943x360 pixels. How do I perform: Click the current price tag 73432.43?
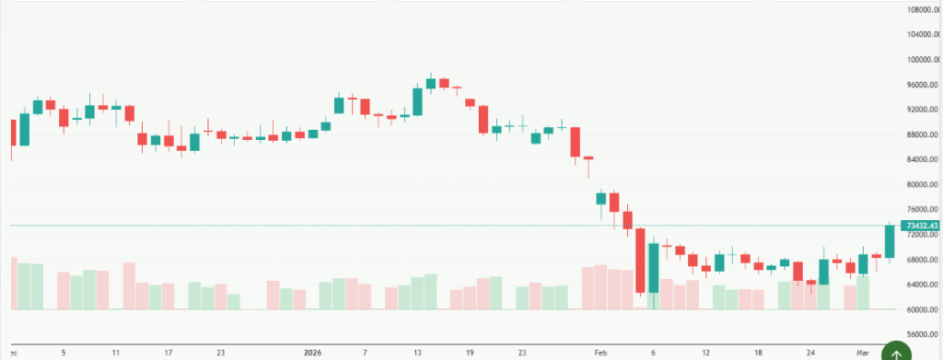(x=921, y=226)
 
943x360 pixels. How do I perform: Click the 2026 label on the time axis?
(x=313, y=352)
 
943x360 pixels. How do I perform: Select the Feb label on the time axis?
(x=601, y=352)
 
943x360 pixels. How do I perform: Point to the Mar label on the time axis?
(x=862, y=352)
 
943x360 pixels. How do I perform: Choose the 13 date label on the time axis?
(x=417, y=352)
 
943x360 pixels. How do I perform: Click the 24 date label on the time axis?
(x=809, y=352)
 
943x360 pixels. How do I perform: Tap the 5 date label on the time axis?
(x=64, y=352)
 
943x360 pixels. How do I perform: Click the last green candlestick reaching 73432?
(x=890, y=241)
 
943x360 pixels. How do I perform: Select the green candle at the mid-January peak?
(x=430, y=83)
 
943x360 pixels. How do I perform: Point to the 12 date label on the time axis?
(x=705, y=352)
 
